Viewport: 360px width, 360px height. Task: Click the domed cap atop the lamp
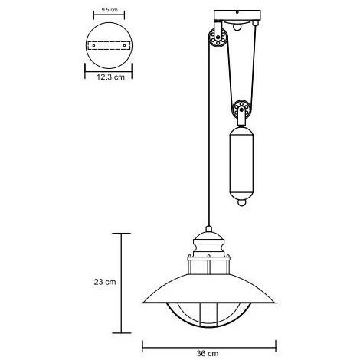coord(210,234)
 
